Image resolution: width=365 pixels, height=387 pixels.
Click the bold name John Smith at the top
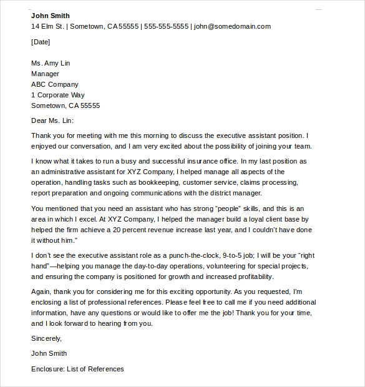click(51, 16)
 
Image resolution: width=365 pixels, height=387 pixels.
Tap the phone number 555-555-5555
click(166, 26)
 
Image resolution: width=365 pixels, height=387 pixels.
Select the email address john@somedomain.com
click(232, 26)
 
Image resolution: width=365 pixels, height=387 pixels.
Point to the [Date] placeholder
click(41, 42)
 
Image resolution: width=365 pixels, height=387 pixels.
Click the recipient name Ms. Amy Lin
click(52, 63)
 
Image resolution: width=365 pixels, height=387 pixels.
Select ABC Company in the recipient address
click(55, 84)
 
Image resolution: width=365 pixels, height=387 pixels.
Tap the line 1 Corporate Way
click(58, 95)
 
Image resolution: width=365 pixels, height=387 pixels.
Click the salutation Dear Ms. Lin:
click(56, 120)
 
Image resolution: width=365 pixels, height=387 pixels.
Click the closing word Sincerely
click(47, 338)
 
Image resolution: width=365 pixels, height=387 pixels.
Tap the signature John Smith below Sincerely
click(49, 353)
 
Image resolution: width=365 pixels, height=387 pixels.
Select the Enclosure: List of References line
click(77, 369)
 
